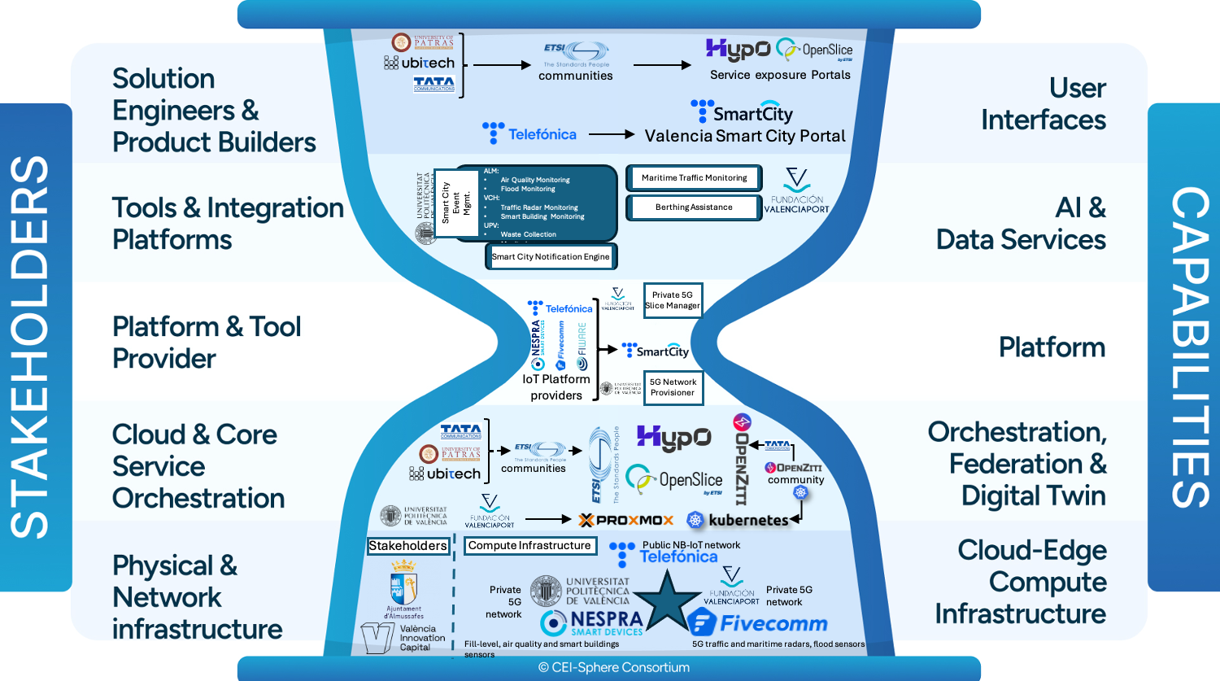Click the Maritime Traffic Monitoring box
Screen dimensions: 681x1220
coord(694,178)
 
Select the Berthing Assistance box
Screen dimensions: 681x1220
coord(694,207)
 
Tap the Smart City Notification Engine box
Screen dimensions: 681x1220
coord(551,257)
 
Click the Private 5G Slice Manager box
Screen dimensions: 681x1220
coord(673,300)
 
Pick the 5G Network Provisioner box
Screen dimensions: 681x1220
coord(673,387)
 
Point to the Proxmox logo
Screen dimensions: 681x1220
coord(626,520)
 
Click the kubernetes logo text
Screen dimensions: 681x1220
coord(747,520)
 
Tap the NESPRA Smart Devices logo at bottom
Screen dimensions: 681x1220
coord(592,623)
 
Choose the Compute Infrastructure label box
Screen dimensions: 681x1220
coord(529,546)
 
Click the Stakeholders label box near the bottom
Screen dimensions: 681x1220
coord(407,546)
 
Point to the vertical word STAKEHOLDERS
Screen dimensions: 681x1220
coord(31,347)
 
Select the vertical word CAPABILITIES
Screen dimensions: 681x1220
coord(1188,347)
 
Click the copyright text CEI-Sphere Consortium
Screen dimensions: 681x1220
coord(613,668)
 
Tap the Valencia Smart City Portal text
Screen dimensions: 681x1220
coord(745,136)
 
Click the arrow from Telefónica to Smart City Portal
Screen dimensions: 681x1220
coord(611,134)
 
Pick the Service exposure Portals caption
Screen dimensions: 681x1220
coord(780,75)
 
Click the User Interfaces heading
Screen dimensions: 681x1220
coord(1044,104)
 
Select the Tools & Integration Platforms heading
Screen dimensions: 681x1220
coord(228,224)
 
